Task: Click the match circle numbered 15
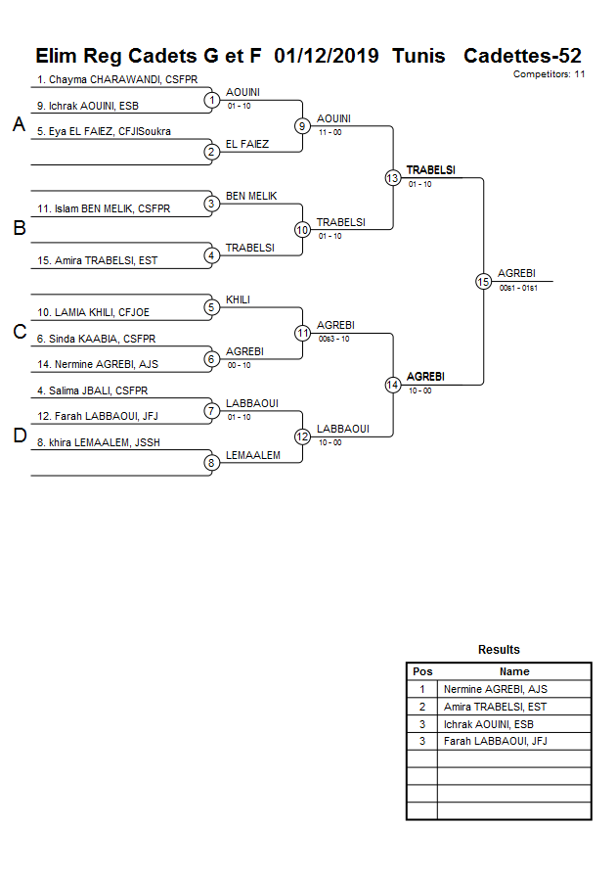(483, 281)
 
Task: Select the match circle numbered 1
(211, 100)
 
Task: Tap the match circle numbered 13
(393, 177)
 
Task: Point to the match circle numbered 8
(211, 463)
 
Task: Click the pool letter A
(19, 124)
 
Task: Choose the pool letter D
(19, 436)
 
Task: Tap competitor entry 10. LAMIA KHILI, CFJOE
(94, 312)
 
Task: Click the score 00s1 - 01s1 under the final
(518, 288)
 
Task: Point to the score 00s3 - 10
(333, 339)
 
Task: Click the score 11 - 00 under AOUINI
(330, 131)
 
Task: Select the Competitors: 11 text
(549, 74)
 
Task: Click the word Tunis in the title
(418, 56)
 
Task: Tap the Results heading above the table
(499, 650)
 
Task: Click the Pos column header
(421, 671)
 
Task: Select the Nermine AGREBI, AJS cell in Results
(495, 689)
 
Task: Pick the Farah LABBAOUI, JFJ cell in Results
(495, 741)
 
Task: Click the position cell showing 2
(421, 707)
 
